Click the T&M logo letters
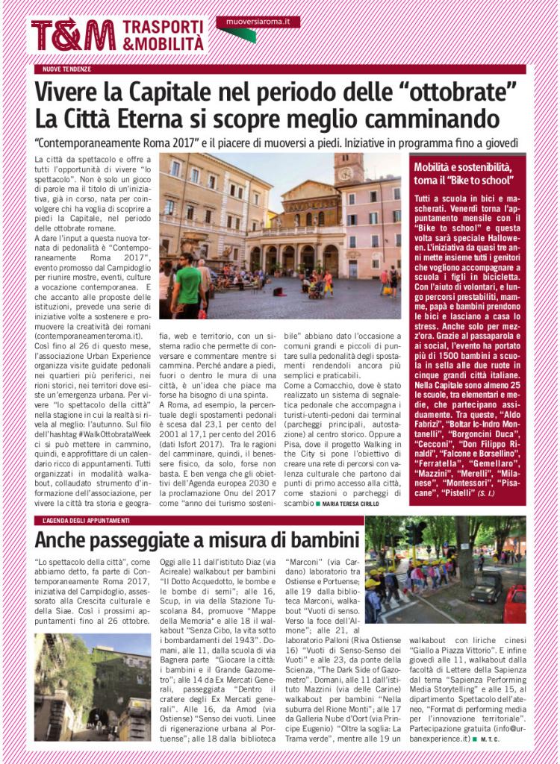[72, 35]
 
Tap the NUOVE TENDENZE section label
[68, 69]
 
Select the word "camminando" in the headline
[435, 119]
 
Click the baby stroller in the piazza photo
[316, 288]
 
